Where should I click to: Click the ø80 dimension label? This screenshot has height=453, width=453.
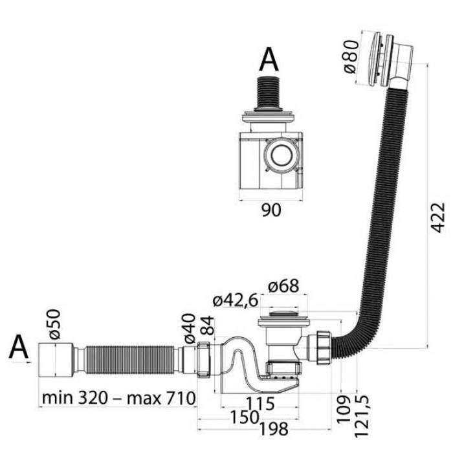pyautogui.click(x=351, y=57)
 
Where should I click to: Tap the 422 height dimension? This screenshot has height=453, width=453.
pyautogui.click(x=437, y=218)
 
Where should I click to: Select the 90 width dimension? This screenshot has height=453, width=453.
pyautogui.click(x=271, y=210)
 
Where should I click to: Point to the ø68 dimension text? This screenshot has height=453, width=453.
pyautogui.click(x=283, y=286)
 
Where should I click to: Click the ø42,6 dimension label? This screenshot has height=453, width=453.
pyautogui.click(x=235, y=301)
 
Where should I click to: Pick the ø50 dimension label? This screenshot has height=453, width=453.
pyautogui.click(x=54, y=324)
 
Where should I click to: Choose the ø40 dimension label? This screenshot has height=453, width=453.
pyautogui.click(x=190, y=329)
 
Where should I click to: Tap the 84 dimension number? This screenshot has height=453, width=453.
pyautogui.click(x=207, y=326)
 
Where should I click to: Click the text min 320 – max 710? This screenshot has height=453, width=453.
pyautogui.click(x=118, y=398)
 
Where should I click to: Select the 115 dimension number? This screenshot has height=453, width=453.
pyautogui.click(x=260, y=404)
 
